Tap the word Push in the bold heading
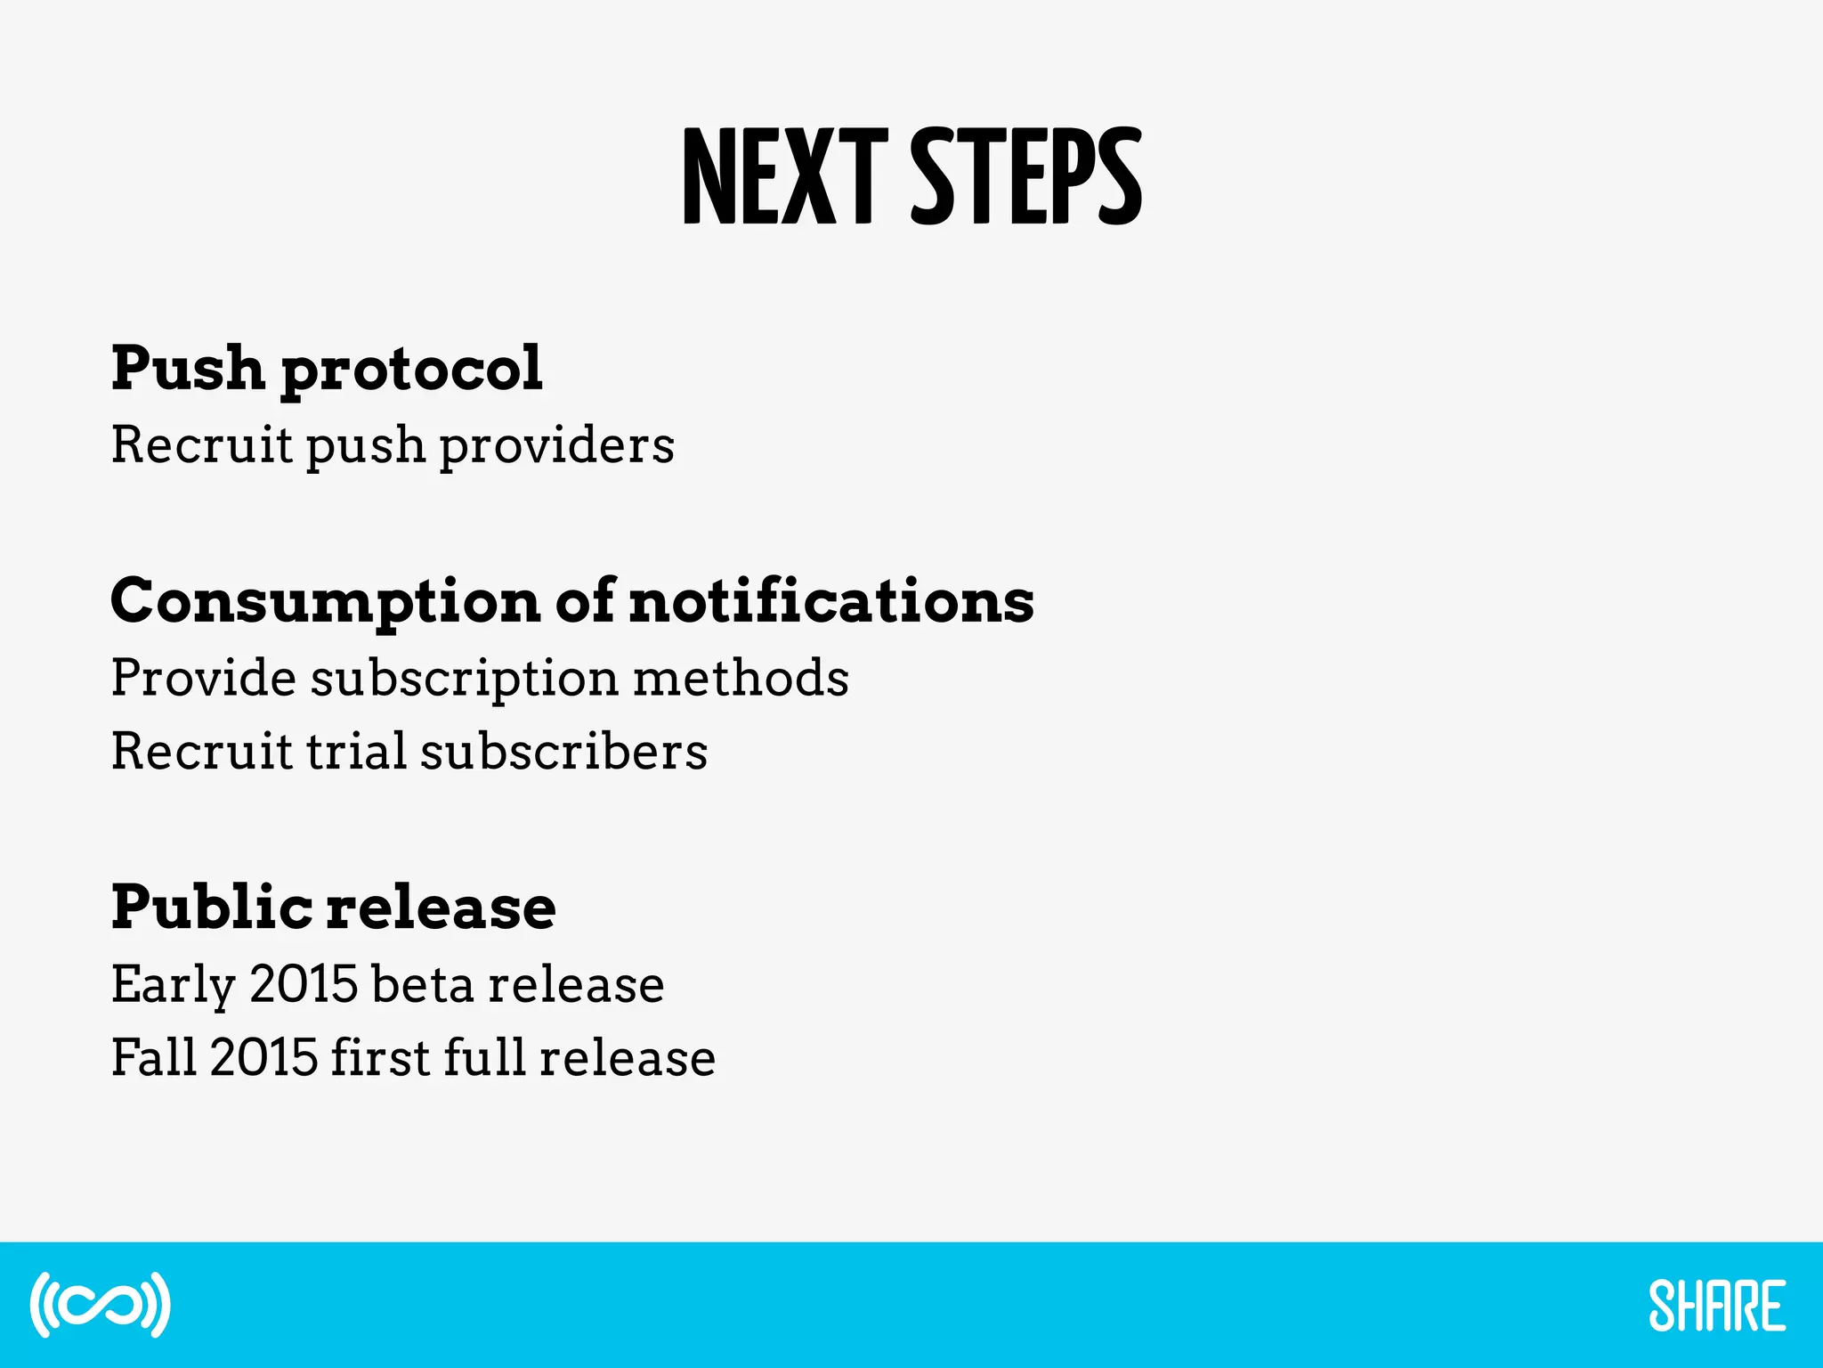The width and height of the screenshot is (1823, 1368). pos(188,367)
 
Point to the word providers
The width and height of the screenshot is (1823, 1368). pos(557,445)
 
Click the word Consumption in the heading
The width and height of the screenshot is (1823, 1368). pos(326,602)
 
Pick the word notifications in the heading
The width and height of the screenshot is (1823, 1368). pos(831,600)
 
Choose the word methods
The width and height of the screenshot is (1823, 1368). pos(741,678)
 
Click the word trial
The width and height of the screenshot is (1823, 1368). pos(356,751)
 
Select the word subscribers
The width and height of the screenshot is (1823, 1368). pos(564,751)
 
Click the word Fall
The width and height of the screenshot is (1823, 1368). pos(154,1057)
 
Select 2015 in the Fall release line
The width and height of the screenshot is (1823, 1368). pos(264,1057)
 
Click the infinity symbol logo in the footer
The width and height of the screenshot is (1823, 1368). pos(100,1305)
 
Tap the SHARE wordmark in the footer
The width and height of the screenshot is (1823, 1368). pos(1717,1306)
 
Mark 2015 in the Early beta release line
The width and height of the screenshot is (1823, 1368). pos(304,984)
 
